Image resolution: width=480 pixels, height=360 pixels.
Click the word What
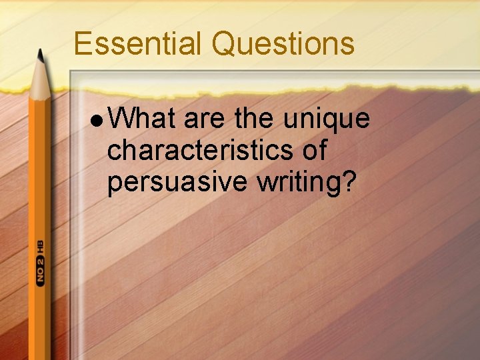(141, 119)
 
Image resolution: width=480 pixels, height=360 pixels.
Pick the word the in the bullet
(254, 119)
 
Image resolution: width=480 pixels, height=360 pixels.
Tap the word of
(315, 151)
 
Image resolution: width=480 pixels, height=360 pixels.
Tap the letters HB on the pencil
(41, 246)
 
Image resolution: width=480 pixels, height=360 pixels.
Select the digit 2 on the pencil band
(41, 261)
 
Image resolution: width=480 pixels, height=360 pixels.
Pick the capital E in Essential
(83, 44)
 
